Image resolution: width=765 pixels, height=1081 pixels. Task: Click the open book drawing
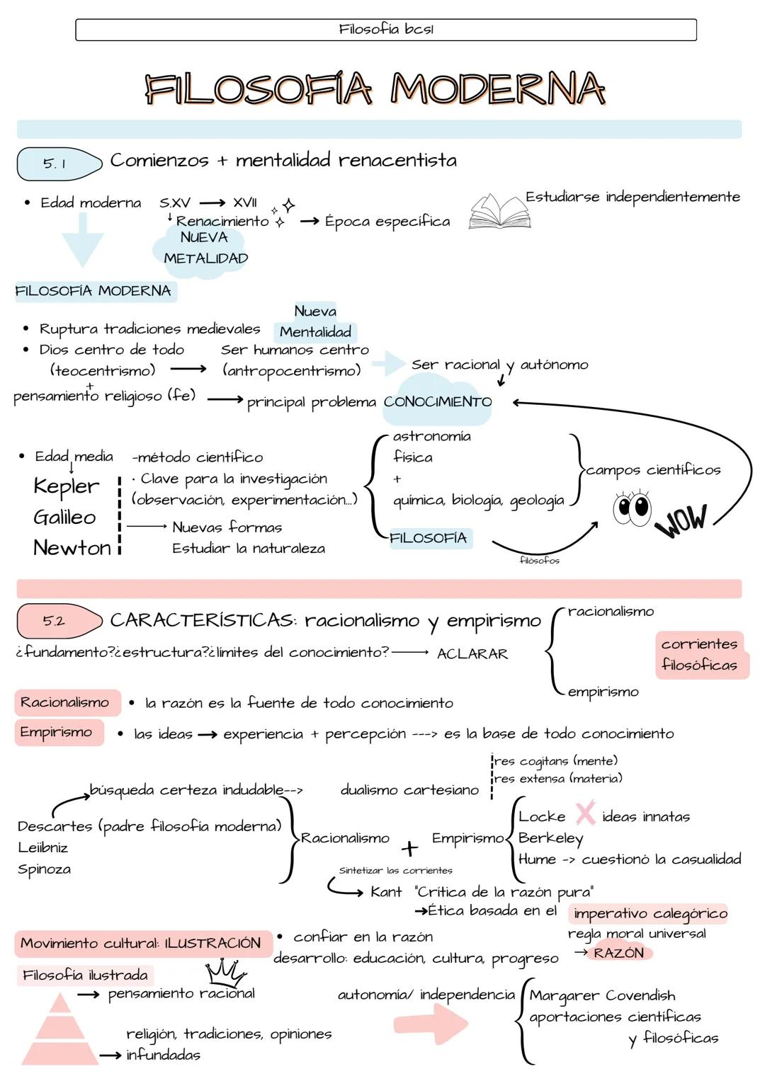tap(499, 212)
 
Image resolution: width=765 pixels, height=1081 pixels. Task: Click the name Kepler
tap(67, 486)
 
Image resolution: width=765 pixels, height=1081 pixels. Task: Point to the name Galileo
tap(64, 517)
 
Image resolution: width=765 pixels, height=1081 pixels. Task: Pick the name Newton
tap(72, 548)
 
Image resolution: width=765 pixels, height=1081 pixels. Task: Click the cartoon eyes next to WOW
tap(632, 508)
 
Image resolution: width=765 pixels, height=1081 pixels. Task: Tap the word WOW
tap(681, 520)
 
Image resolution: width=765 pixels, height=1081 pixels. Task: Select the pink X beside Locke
tap(585, 814)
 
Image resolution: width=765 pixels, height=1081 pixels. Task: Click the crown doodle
tap(225, 971)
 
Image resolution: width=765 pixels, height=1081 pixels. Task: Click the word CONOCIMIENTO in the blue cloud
tap(438, 402)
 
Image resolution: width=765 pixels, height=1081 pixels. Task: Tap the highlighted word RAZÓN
tap(619, 953)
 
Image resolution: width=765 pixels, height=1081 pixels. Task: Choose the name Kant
tap(386, 892)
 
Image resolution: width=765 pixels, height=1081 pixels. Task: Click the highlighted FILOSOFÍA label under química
tap(429, 538)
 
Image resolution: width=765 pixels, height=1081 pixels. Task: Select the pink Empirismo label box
tap(57, 732)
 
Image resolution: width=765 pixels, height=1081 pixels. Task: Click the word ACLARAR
tap(472, 654)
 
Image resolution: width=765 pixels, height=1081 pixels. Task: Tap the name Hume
tap(537, 859)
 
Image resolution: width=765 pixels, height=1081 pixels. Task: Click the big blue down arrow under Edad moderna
tap(82, 239)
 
